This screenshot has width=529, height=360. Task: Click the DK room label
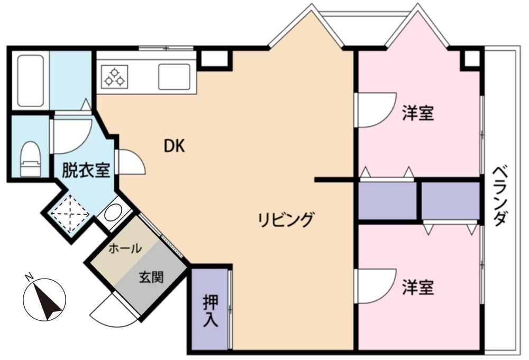click(x=175, y=146)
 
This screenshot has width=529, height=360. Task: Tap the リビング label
click(x=286, y=220)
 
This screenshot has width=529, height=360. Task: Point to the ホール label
click(x=125, y=249)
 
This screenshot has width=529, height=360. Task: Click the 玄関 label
click(x=151, y=277)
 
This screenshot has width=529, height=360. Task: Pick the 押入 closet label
click(x=211, y=311)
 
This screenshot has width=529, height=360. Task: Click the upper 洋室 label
click(x=418, y=113)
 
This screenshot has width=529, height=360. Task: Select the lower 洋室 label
click(x=418, y=288)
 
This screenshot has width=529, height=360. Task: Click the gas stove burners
click(x=115, y=77)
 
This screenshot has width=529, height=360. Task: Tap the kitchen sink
click(x=174, y=77)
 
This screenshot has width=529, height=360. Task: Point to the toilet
click(x=31, y=159)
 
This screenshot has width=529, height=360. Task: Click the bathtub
click(x=31, y=81)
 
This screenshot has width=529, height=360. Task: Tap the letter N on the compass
click(x=29, y=278)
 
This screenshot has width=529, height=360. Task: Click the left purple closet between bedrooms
click(x=387, y=201)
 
